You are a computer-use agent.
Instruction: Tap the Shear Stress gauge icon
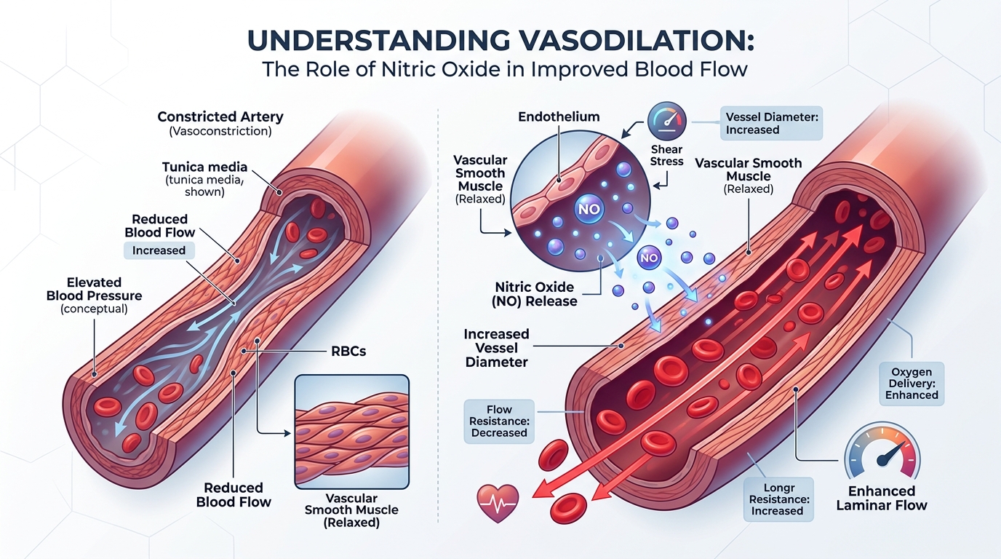[666, 120]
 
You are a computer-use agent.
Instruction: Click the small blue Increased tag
[159, 250]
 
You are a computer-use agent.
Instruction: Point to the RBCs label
[348, 352]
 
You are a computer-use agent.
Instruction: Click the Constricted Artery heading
[220, 117]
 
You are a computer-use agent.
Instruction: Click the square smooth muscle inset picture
[351, 431]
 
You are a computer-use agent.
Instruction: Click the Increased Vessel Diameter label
[496, 346]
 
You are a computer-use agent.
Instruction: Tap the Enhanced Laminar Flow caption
[882, 498]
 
